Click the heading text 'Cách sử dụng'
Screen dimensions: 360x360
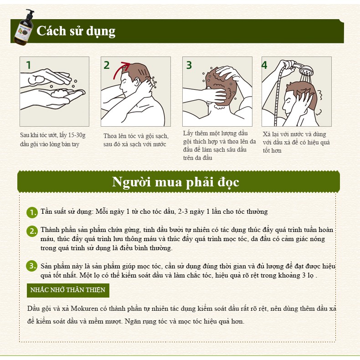point(76,31)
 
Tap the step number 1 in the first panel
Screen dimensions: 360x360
point(29,65)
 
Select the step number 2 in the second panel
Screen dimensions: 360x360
point(107,65)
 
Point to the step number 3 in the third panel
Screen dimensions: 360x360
point(189,65)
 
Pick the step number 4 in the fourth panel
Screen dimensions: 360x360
point(264,65)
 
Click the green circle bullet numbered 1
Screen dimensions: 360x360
point(31,212)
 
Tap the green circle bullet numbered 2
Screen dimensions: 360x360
point(31,231)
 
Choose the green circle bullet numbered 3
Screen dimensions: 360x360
point(31,266)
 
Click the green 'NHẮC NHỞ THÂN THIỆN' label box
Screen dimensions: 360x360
point(67,290)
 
